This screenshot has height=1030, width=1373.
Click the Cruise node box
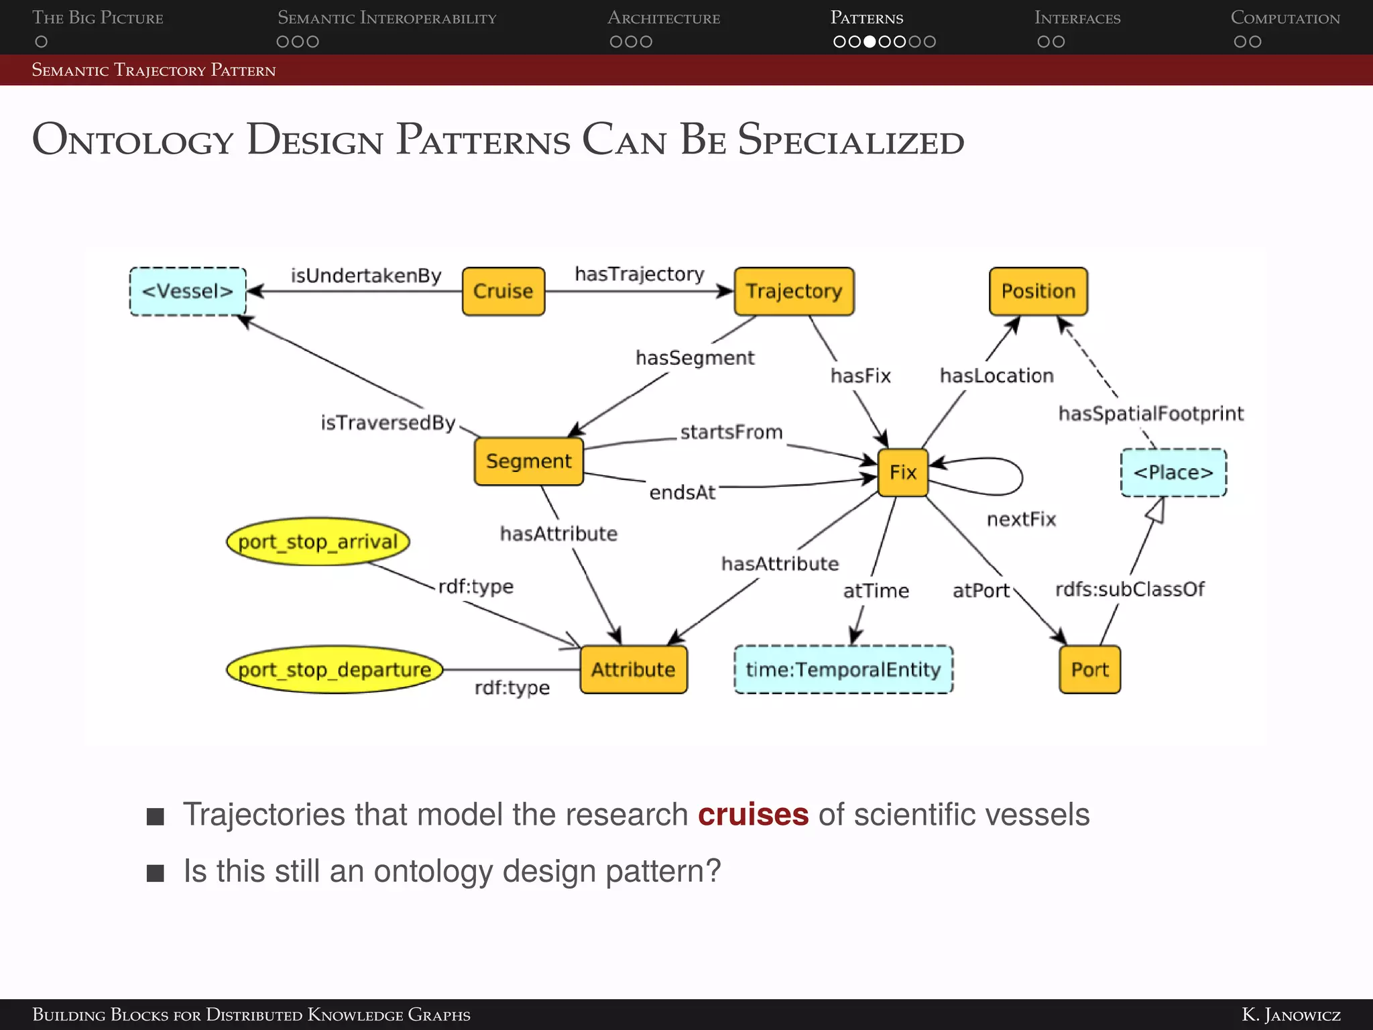[503, 291]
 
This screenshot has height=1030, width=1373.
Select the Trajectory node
[794, 291]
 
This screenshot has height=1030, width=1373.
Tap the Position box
[1038, 291]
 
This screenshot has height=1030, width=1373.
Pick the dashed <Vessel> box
[188, 291]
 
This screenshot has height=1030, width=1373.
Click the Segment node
[528, 461]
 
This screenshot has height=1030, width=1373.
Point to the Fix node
[902, 472]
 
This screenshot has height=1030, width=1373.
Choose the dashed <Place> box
[1173, 472]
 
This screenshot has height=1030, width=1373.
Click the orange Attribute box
[633, 669]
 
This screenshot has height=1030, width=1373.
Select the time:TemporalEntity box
[843, 669]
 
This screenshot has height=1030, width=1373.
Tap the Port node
[1089, 669]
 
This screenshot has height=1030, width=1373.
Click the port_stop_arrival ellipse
[318, 541]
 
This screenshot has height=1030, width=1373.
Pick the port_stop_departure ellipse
[335, 669]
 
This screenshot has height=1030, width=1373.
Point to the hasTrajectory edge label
[639, 274]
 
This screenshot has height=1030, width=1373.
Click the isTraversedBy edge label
[387, 422]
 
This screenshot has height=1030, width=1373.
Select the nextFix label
[1021, 519]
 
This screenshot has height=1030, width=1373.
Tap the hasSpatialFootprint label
[1150, 413]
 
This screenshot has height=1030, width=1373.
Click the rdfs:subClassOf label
[1130, 589]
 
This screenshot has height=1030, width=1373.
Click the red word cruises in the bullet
[753, 814]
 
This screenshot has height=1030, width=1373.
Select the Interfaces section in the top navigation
[1077, 18]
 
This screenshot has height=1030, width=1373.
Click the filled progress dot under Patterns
[870, 42]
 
